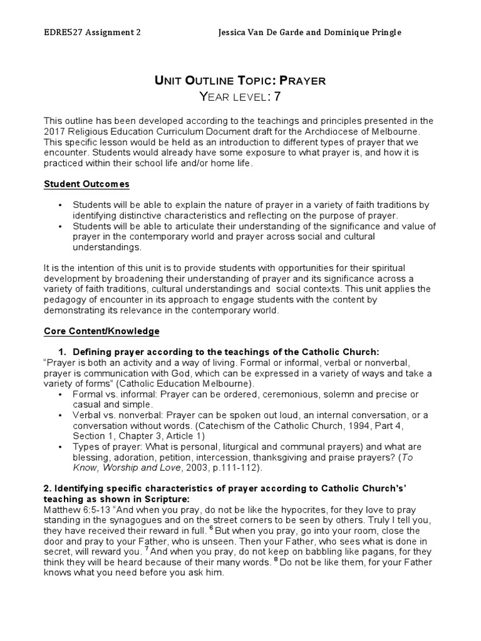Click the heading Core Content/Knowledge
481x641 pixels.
[101, 331]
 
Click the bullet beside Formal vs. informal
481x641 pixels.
[59, 395]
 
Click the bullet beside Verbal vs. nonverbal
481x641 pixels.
[59, 416]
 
